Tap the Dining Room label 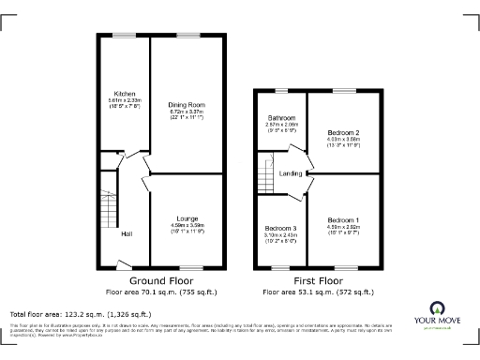click(x=186, y=104)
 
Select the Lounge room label click(x=187, y=218)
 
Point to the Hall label click(x=125, y=233)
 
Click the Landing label click(x=291, y=173)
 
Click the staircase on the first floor click(x=264, y=175)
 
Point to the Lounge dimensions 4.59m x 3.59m click(x=187, y=225)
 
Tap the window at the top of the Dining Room click(x=187, y=36)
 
